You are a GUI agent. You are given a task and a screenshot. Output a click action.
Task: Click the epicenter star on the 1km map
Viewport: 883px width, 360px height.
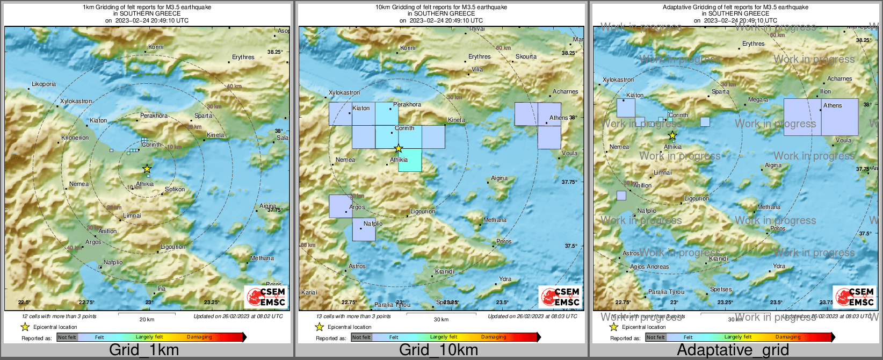coord(147,169)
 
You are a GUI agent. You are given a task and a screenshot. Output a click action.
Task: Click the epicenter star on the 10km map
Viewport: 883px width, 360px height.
coord(398,148)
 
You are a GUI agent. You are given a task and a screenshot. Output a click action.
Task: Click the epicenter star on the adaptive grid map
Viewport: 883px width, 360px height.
coord(672,135)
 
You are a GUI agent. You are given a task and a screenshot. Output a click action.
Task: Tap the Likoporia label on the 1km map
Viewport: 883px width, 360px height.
coord(44,84)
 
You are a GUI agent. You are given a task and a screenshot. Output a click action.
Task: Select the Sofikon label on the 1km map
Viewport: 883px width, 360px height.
coord(175,189)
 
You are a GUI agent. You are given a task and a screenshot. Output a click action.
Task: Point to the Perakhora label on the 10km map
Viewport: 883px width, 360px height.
coord(407,104)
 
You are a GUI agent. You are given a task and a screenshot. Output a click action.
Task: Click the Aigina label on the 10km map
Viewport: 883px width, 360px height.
coord(499,178)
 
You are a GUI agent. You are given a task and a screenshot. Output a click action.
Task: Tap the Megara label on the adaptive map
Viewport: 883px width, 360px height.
coord(758,100)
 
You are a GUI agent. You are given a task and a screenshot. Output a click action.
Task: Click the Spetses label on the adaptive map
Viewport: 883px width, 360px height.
coord(720,290)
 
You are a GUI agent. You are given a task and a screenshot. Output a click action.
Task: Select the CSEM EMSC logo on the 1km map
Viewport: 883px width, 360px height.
coord(266,297)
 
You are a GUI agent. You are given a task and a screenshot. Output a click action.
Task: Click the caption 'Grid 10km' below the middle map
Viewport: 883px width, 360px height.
coord(438,350)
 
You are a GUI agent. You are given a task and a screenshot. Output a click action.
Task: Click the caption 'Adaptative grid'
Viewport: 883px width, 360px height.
coord(733,350)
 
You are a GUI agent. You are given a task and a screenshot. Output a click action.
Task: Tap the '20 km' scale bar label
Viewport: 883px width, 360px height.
coord(147,320)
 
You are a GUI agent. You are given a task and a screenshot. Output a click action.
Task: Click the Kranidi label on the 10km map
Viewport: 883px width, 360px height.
coord(444,272)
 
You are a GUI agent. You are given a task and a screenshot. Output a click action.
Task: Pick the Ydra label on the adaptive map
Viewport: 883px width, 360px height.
coord(779,267)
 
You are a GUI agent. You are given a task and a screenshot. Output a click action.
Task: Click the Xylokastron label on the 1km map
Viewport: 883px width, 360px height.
coord(76,101)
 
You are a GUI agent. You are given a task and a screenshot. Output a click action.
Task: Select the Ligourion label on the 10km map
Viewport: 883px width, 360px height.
coord(422,212)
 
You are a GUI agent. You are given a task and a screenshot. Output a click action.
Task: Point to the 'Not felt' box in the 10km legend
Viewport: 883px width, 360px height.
coord(361,337)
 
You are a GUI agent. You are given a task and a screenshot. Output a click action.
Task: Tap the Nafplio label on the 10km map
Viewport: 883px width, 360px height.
coord(373,224)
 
